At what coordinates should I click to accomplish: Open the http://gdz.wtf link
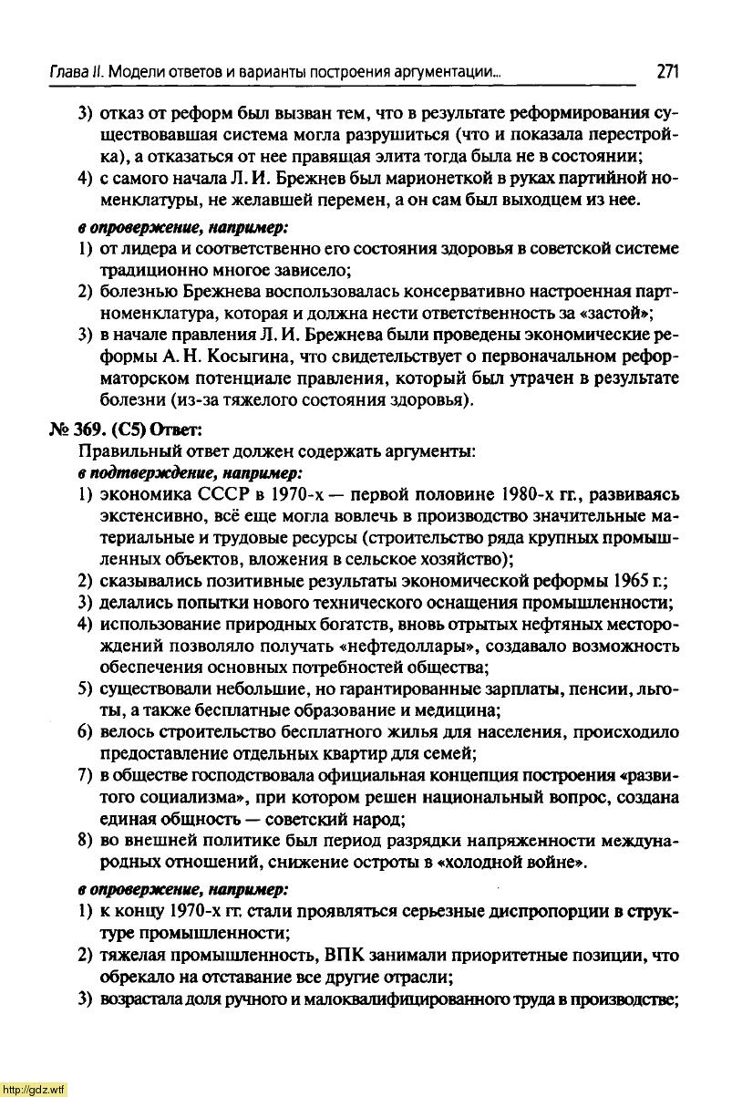pos(34,1089)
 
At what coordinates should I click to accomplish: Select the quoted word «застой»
pos(620,315)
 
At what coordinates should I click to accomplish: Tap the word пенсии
pos(590,690)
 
